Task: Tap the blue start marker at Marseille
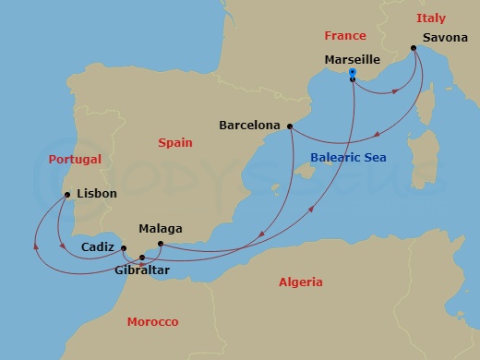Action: (353, 72)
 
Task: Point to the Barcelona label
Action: (250, 125)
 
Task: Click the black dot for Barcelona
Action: (290, 126)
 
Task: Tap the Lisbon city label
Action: (97, 194)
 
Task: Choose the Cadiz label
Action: (98, 247)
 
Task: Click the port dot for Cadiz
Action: (124, 248)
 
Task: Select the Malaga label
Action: (160, 229)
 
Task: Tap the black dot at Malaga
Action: (161, 244)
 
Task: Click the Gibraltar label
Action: (142, 272)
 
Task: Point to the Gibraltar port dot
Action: (141, 258)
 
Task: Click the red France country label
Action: (345, 36)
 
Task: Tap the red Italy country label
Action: (430, 18)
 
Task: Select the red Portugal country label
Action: (74, 160)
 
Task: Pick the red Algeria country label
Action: (301, 282)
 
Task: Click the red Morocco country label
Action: (152, 321)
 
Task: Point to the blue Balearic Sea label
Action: (348, 158)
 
